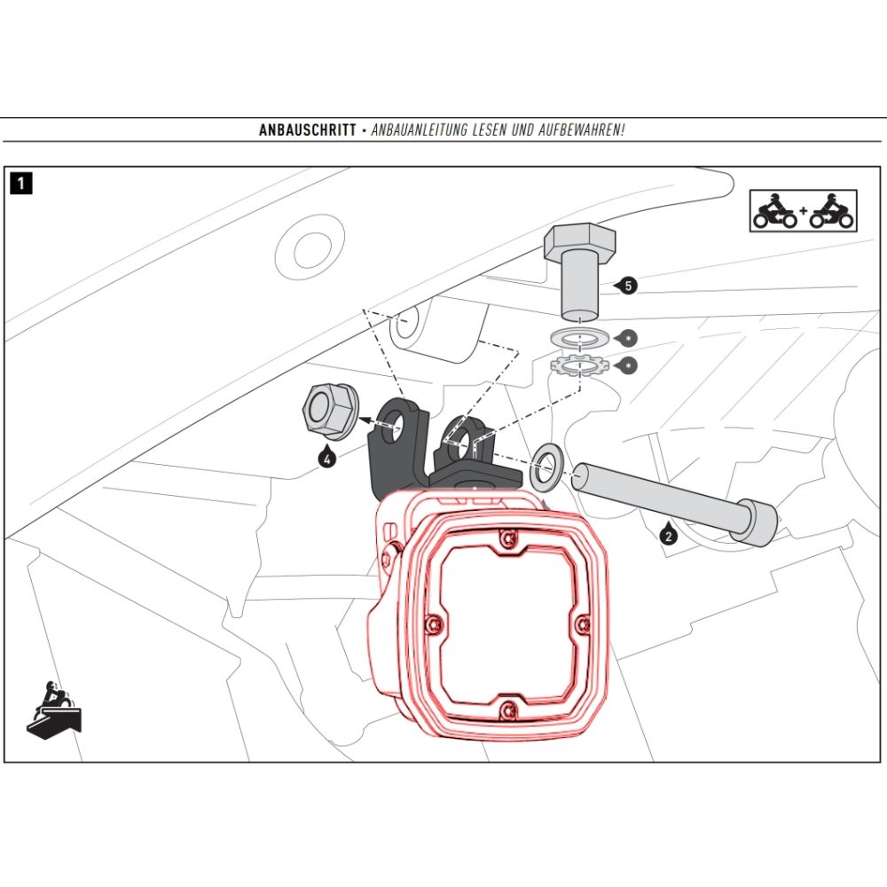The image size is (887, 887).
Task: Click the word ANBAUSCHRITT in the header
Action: (x=308, y=130)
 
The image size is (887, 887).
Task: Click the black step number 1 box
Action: (x=21, y=184)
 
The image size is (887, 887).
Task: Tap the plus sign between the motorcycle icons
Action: (x=804, y=213)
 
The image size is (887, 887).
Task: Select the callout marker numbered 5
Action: (x=628, y=286)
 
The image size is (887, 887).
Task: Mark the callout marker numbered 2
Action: (x=668, y=534)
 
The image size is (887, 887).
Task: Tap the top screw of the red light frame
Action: (x=506, y=538)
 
